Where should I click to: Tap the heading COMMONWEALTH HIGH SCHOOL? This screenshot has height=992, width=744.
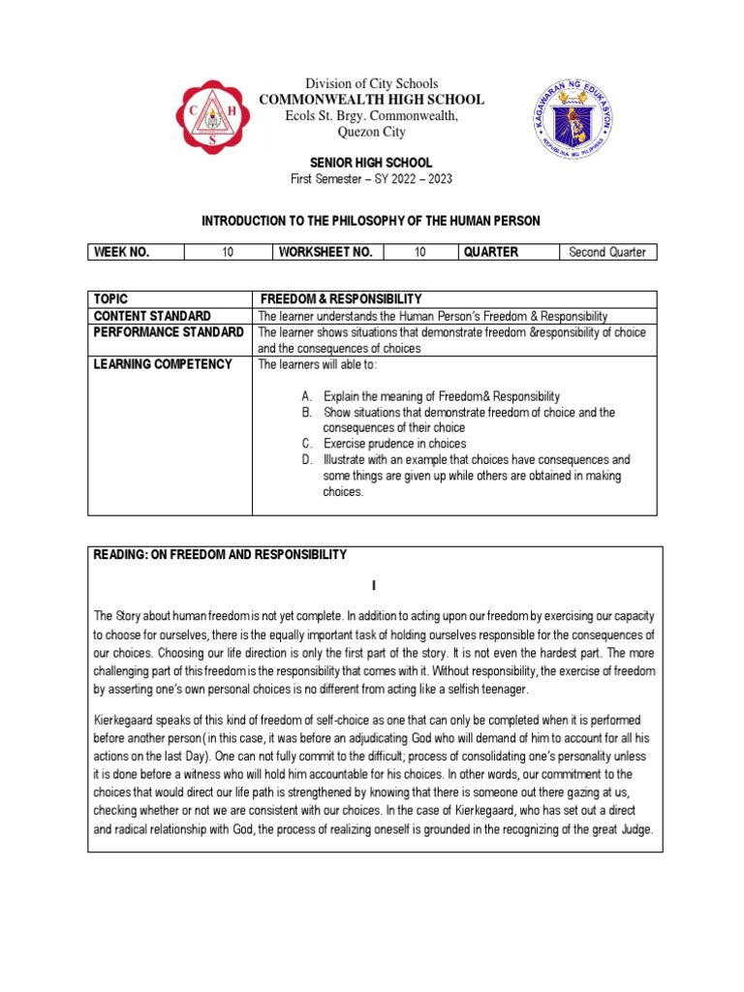(371, 100)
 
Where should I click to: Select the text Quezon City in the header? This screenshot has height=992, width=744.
(371, 132)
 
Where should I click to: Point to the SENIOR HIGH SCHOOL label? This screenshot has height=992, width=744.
(371, 163)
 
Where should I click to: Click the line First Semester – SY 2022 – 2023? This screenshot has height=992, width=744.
(371, 179)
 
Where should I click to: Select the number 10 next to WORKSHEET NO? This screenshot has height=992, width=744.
(420, 252)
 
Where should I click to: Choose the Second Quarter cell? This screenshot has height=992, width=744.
(607, 253)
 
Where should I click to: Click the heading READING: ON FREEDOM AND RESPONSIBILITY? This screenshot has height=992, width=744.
(220, 554)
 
